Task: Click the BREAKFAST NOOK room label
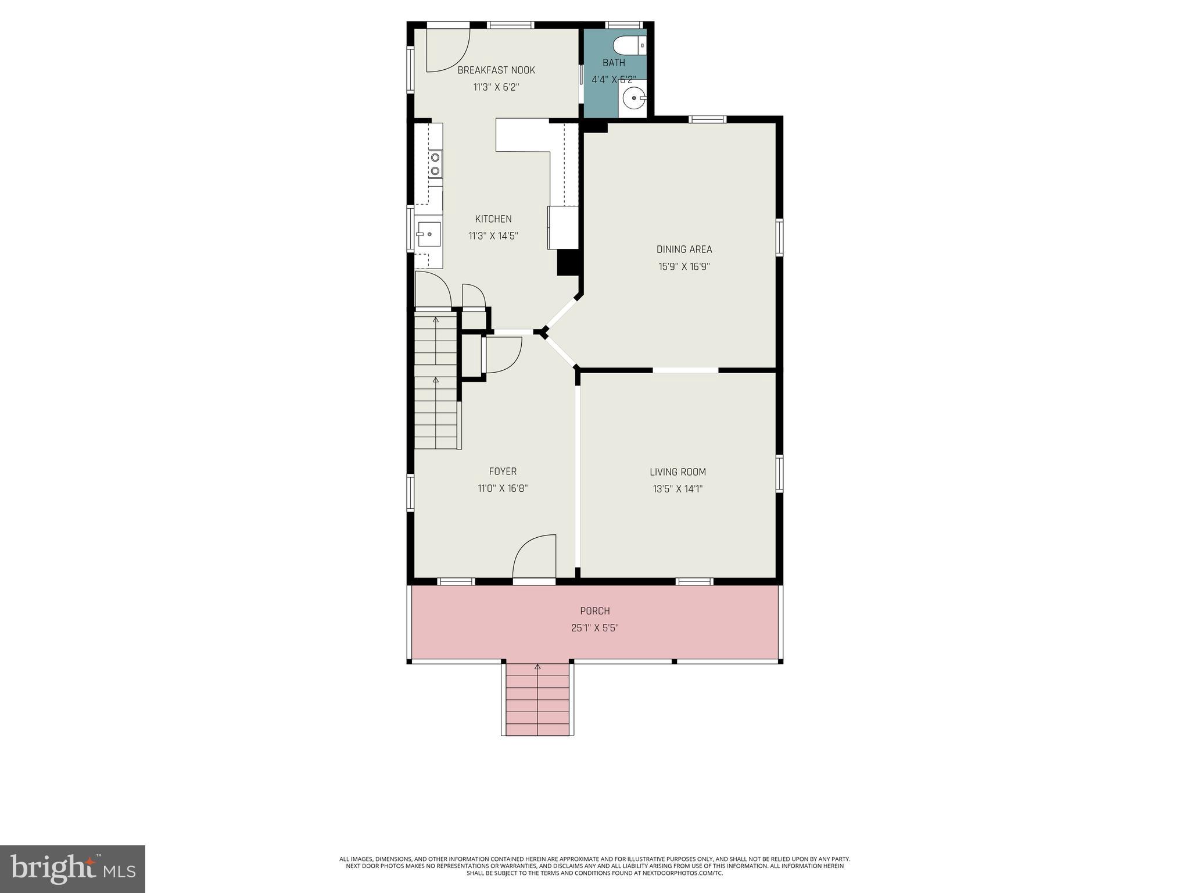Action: (x=496, y=70)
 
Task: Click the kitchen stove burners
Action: (x=435, y=163)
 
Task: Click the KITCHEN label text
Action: (x=493, y=219)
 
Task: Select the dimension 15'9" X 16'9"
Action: (x=684, y=267)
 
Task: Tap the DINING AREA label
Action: (x=684, y=249)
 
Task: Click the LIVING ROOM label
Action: (x=678, y=472)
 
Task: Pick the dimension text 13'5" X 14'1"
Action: (x=678, y=490)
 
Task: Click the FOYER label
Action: (x=503, y=471)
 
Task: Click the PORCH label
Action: (x=594, y=611)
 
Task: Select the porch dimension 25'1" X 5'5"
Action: (x=594, y=628)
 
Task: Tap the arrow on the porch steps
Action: (x=537, y=667)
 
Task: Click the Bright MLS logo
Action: (x=72, y=869)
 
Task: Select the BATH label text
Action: (x=614, y=63)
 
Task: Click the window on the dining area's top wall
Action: (x=707, y=119)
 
